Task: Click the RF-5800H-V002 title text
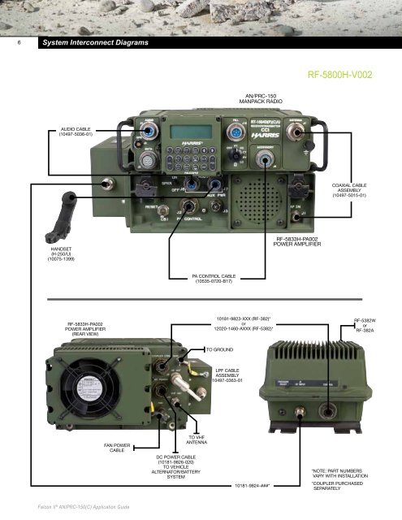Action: pyautogui.click(x=340, y=75)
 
